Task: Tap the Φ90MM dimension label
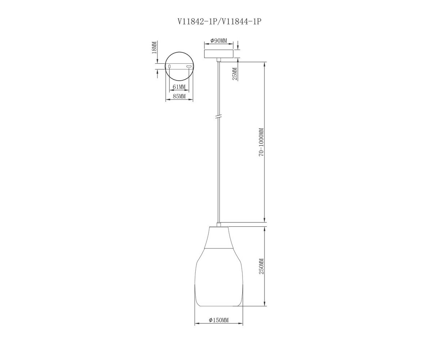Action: pyautogui.click(x=219, y=41)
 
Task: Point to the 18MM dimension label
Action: pyautogui.click(x=154, y=48)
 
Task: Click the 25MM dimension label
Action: pyautogui.click(x=235, y=74)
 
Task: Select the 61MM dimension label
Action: pyautogui.click(x=179, y=86)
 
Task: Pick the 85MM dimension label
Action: pyautogui.click(x=179, y=96)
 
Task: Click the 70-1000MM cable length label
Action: pyautogui.click(x=261, y=142)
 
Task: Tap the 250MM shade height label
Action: pyautogui.click(x=261, y=266)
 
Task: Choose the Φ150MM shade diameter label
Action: pyautogui.click(x=219, y=320)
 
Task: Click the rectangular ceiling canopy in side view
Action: pyautogui.click(x=218, y=54)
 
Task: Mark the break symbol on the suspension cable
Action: pyautogui.click(x=218, y=117)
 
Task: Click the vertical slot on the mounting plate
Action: pyautogui.click(x=169, y=66)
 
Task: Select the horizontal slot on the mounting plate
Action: pyautogui.click(x=189, y=66)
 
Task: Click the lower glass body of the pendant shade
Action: pyautogui.click(x=219, y=277)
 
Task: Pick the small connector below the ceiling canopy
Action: pyautogui.click(x=218, y=60)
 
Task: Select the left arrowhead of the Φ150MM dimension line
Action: pyautogui.click(x=197, y=324)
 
